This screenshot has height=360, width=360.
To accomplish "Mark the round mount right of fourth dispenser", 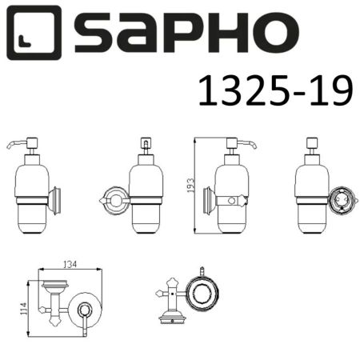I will click(342, 198).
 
